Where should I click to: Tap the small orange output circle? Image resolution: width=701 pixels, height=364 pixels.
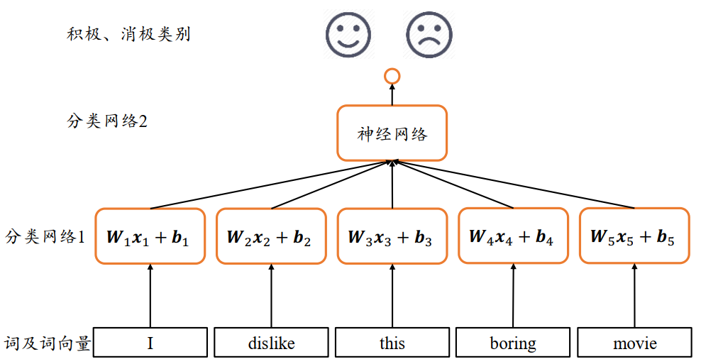point(392,76)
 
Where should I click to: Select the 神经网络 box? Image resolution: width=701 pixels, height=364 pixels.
point(392,133)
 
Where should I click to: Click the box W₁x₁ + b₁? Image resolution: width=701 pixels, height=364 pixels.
point(150,237)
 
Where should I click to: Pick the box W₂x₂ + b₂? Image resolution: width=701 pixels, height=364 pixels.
point(270,237)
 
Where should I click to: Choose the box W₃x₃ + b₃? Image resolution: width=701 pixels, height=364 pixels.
point(392,237)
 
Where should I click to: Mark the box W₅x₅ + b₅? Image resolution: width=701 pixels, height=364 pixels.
point(634,236)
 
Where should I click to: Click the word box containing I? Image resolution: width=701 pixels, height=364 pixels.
point(150,343)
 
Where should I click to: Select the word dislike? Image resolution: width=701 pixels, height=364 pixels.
point(271,343)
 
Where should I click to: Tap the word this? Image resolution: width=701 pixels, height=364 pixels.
point(392,343)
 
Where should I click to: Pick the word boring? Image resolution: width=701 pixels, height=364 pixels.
point(513,343)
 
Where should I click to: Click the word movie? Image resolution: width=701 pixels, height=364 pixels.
point(634,343)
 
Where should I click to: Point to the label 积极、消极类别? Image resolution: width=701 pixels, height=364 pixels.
point(128,34)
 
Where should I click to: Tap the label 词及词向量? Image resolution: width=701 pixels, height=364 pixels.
point(48,344)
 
